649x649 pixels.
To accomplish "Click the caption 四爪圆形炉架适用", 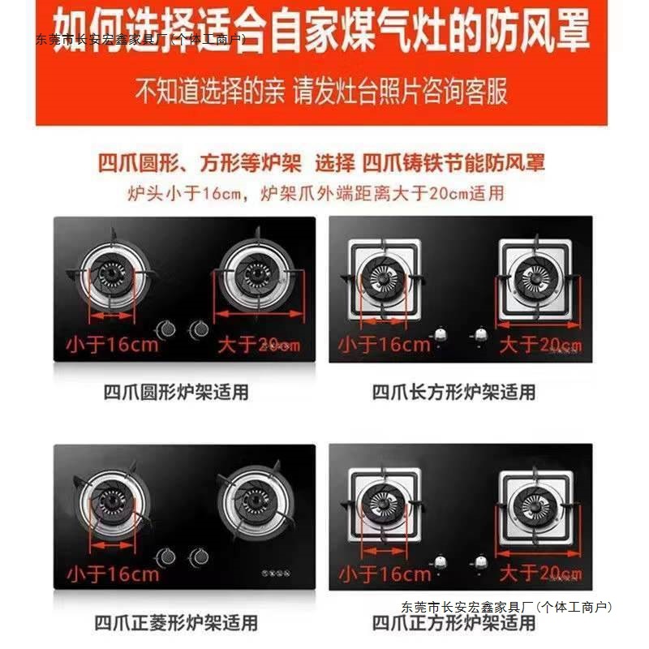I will (176, 393).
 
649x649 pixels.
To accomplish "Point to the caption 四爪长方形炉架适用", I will (453, 393).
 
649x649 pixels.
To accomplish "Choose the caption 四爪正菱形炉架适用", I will (176, 623).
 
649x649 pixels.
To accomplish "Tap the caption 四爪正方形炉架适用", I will (453, 623).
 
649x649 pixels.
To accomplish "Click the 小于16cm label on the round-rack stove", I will (114, 344).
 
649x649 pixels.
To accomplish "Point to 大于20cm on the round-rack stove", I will (258, 344).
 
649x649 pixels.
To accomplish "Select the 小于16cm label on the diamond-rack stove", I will (114, 574).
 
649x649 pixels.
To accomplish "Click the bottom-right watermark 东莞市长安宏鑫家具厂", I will (507, 606).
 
